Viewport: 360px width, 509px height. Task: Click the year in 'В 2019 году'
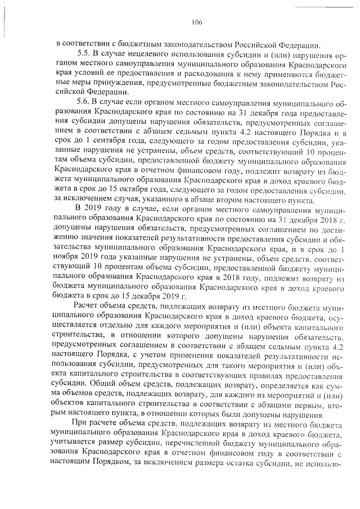(x=97, y=210)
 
